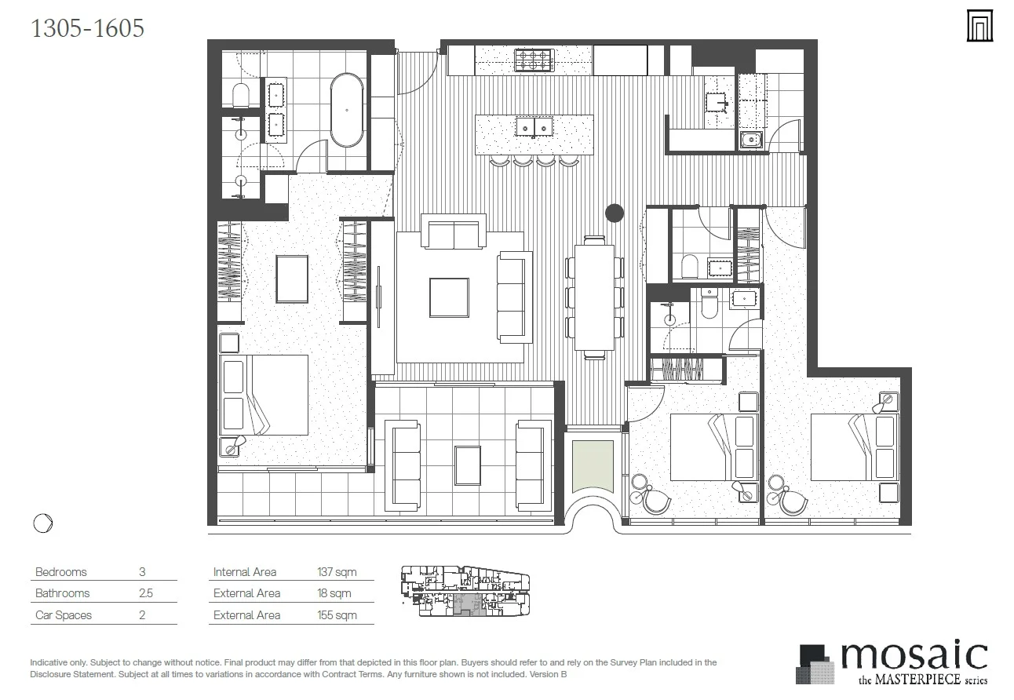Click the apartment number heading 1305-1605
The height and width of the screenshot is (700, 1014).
click(87, 28)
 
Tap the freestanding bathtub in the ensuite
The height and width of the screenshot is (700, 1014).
click(347, 110)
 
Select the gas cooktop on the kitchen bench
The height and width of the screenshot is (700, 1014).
click(534, 60)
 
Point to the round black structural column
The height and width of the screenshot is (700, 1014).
click(615, 213)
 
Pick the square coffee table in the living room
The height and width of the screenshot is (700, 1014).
click(449, 297)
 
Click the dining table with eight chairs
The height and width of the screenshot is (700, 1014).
click(594, 297)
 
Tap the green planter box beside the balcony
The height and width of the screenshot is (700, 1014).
click(593, 467)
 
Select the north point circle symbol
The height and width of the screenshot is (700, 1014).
click(43, 523)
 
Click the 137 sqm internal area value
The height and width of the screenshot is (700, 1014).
click(337, 572)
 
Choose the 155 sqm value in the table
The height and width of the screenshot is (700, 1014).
click(337, 615)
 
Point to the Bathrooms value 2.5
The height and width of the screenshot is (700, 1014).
click(146, 593)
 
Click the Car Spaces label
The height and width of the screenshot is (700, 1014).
click(64, 615)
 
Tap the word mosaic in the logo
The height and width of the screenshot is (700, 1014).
click(914, 654)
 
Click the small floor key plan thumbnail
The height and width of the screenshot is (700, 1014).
click(465, 590)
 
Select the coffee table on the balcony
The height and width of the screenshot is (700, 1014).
click(468, 465)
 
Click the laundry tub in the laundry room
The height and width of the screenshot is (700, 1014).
click(751, 140)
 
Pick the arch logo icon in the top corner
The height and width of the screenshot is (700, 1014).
click(979, 26)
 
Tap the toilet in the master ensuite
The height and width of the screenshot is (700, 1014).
click(240, 95)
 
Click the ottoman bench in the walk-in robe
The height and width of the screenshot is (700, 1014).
click(292, 279)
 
